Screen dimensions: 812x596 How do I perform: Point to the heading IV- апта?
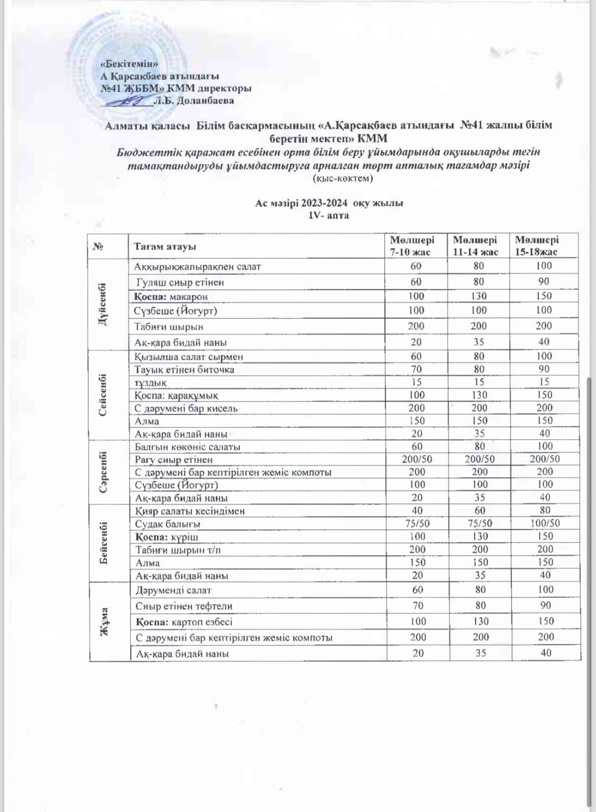[x=329, y=215]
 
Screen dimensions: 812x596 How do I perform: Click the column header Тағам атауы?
[x=165, y=247]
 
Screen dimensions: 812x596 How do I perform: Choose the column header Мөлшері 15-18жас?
[x=536, y=246]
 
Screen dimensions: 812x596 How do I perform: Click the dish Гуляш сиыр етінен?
[x=180, y=282]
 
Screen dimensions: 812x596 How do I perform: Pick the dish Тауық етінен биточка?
[x=184, y=369]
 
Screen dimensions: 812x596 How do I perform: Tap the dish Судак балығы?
[x=168, y=524]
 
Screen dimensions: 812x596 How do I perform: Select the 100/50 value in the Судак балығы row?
[x=544, y=523]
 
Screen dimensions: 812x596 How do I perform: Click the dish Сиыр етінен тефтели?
[x=184, y=606]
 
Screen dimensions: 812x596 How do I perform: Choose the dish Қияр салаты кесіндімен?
[x=189, y=511]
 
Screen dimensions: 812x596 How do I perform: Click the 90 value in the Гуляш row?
[x=544, y=281]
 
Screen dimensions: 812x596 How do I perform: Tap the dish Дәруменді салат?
[x=173, y=590]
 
